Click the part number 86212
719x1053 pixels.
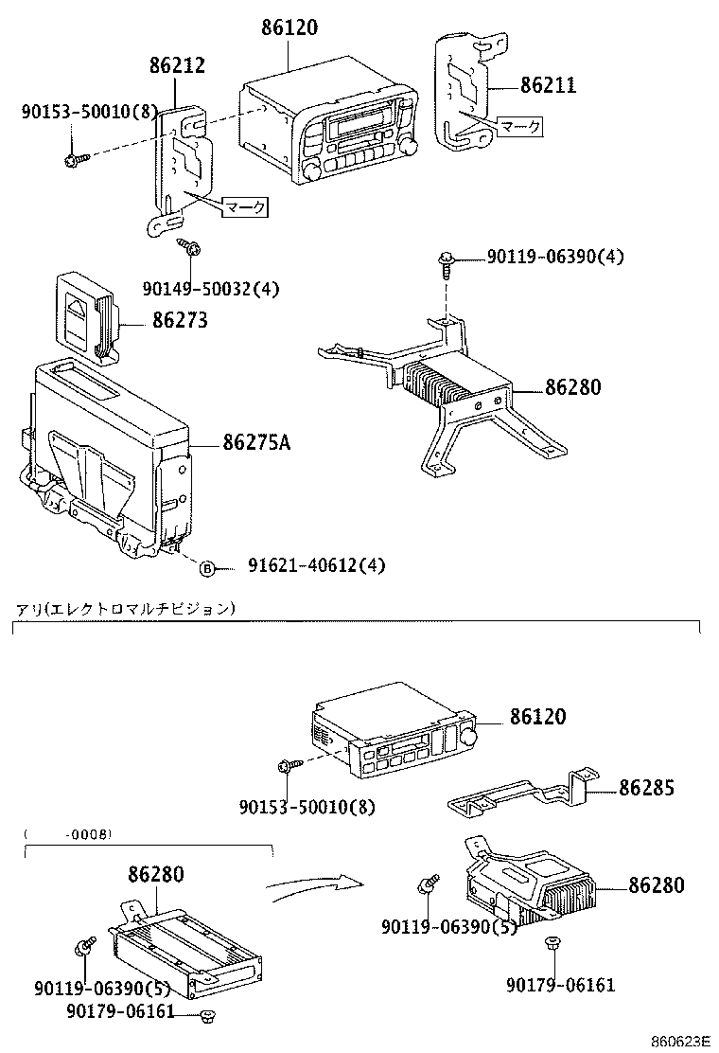[177, 65]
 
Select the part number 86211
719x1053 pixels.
[548, 86]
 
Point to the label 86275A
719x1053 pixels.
[256, 442]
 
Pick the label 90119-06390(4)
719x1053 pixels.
[555, 257]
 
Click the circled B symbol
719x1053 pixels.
[206, 567]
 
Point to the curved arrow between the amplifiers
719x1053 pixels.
[312, 887]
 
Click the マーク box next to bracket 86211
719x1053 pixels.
[521, 126]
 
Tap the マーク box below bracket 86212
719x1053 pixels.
[244, 205]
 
